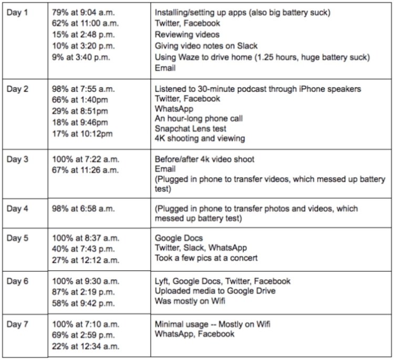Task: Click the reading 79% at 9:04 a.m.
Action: click(x=81, y=12)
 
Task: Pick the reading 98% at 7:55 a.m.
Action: click(x=81, y=89)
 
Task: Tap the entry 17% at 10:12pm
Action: click(x=83, y=134)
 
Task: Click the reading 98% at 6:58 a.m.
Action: click(x=81, y=209)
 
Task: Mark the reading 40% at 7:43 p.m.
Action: click(x=81, y=248)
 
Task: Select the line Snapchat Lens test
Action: click(x=190, y=128)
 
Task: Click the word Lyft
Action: click(x=163, y=281)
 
